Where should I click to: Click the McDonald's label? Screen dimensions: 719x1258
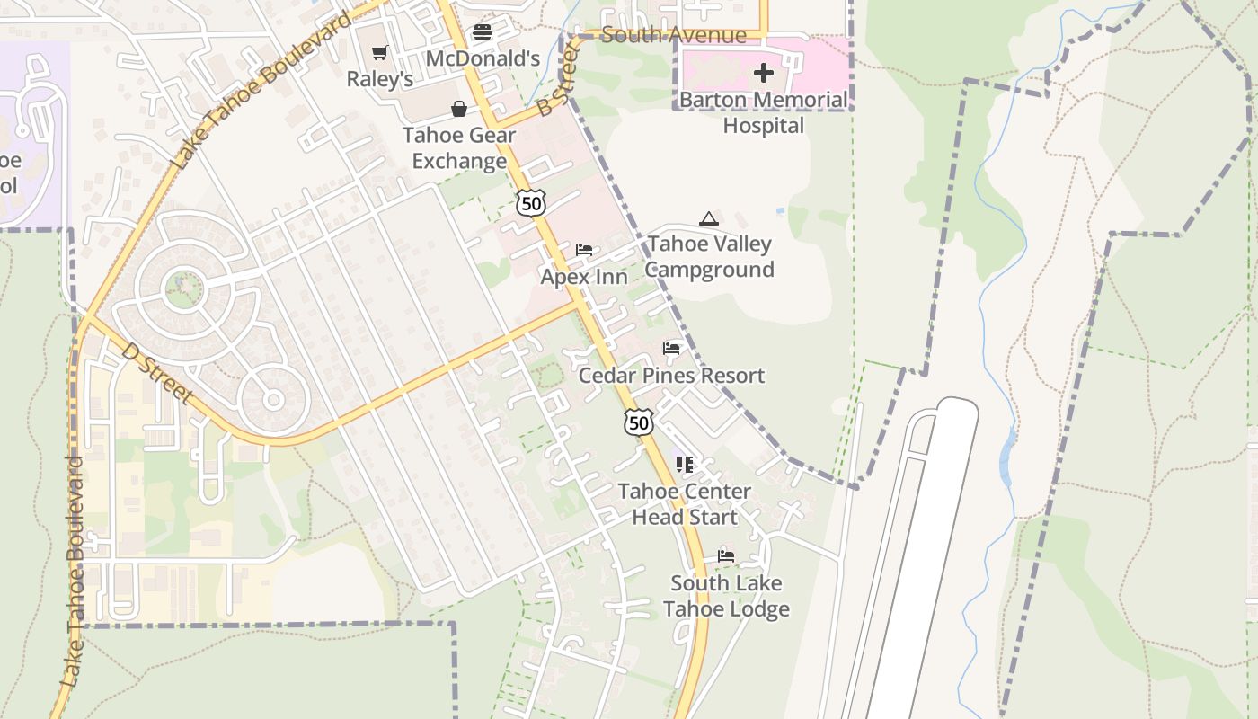point(483,59)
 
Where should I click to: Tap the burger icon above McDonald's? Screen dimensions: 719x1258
point(483,33)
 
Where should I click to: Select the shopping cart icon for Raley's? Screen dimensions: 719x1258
point(380,53)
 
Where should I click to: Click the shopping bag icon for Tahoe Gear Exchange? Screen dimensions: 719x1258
point(459,109)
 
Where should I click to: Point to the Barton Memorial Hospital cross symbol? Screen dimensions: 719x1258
point(764,72)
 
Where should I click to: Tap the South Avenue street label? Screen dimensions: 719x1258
point(674,35)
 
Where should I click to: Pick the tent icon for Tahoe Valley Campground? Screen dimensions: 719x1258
point(709,218)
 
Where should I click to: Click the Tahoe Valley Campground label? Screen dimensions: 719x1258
point(710,257)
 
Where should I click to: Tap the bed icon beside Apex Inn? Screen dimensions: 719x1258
point(584,249)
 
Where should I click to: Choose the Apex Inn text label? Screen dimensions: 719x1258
point(584,277)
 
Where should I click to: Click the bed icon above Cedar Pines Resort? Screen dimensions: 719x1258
point(671,348)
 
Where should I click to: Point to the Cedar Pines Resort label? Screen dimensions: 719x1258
point(671,376)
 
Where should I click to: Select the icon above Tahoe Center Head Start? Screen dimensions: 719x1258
point(685,464)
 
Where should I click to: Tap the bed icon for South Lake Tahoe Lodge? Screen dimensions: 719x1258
point(726,555)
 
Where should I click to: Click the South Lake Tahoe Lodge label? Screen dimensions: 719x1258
point(726,596)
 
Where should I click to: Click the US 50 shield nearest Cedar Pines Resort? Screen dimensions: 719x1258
point(638,422)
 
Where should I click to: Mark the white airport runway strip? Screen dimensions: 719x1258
point(926,557)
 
